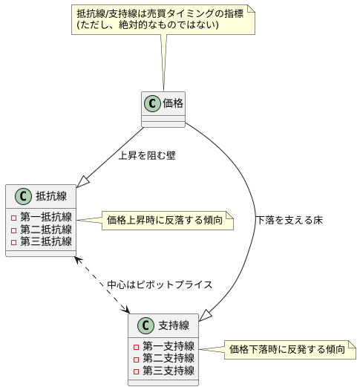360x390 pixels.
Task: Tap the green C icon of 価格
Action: coord(153,103)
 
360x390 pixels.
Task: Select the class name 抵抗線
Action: coord(51,197)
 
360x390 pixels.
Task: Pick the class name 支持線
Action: coord(174,325)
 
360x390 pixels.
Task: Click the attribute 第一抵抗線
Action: coord(45,218)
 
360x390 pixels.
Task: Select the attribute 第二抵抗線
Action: coord(45,230)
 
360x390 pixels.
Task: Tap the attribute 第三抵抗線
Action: coord(45,241)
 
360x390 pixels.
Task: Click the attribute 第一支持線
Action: coord(168,346)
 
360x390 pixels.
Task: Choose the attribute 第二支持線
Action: coord(168,358)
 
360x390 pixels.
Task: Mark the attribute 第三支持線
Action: coord(168,370)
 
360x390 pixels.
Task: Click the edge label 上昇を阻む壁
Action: coord(147,156)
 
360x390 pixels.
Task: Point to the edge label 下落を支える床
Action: coord(289,221)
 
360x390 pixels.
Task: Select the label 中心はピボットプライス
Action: coord(160,285)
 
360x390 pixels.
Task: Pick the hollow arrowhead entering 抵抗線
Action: coord(82,180)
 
